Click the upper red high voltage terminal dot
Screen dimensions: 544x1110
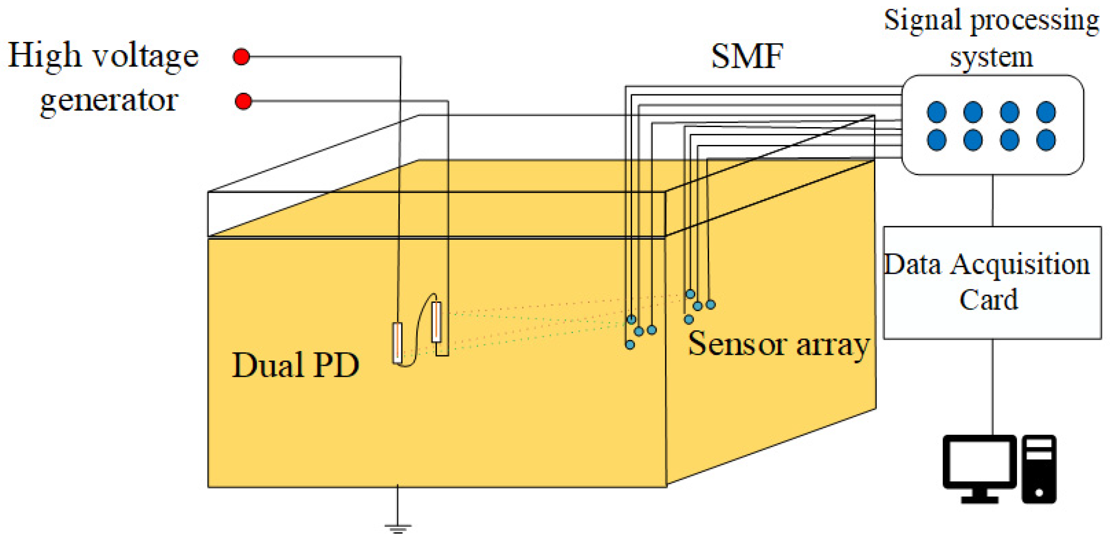tap(241, 57)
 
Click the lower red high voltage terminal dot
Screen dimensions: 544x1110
tap(243, 102)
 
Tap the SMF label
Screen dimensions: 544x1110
tap(747, 57)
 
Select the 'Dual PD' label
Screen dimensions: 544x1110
tap(295, 364)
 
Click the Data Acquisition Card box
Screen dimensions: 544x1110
tap(992, 283)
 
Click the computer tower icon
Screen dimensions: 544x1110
tap(1039, 469)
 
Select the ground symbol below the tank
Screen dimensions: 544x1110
tap(398, 528)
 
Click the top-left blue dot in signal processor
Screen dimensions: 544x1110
tap(937, 112)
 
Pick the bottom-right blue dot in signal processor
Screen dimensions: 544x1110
tap(1046, 140)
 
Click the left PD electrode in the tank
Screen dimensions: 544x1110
tap(397, 342)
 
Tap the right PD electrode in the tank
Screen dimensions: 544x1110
tap(436, 322)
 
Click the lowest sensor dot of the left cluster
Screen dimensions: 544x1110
tap(630, 345)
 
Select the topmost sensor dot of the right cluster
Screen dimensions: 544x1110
tap(690, 294)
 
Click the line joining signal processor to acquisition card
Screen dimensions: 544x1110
tap(992, 200)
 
